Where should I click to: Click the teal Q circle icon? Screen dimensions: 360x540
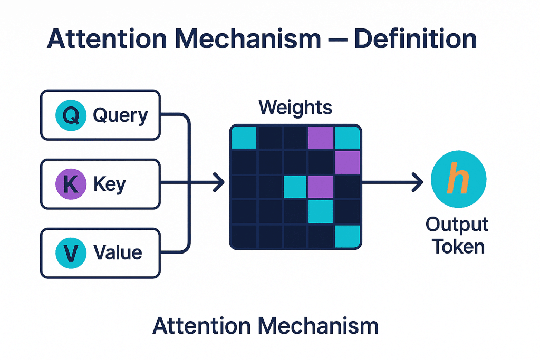click(71, 115)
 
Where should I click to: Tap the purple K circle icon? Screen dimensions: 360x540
click(71, 184)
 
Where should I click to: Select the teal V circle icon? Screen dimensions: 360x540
click(71, 253)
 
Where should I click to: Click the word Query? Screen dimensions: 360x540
click(120, 115)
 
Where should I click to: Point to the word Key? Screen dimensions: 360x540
click(109, 184)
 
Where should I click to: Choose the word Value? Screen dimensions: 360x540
click(118, 253)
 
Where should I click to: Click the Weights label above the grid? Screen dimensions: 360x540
click(295, 108)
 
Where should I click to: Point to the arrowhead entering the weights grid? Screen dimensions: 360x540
click(218, 184)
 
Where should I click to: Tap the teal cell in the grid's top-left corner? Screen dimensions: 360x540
click(244, 138)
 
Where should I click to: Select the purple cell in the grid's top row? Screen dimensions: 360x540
click(321, 138)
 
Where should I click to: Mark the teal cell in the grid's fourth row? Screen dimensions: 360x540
click(321, 211)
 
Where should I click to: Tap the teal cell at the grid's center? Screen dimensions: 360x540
click(295, 187)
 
